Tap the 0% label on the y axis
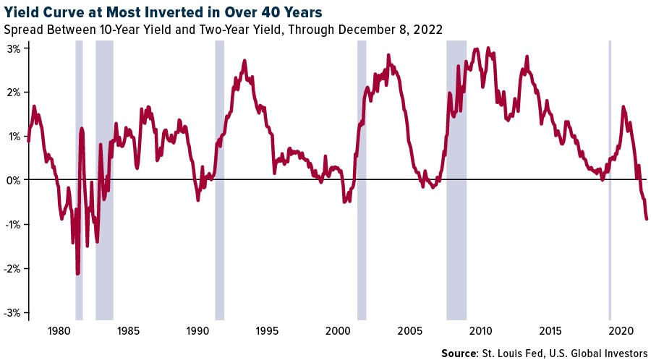(15, 180)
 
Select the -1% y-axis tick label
(14, 224)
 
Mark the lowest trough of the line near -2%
(77, 273)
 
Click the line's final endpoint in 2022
(647, 218)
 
